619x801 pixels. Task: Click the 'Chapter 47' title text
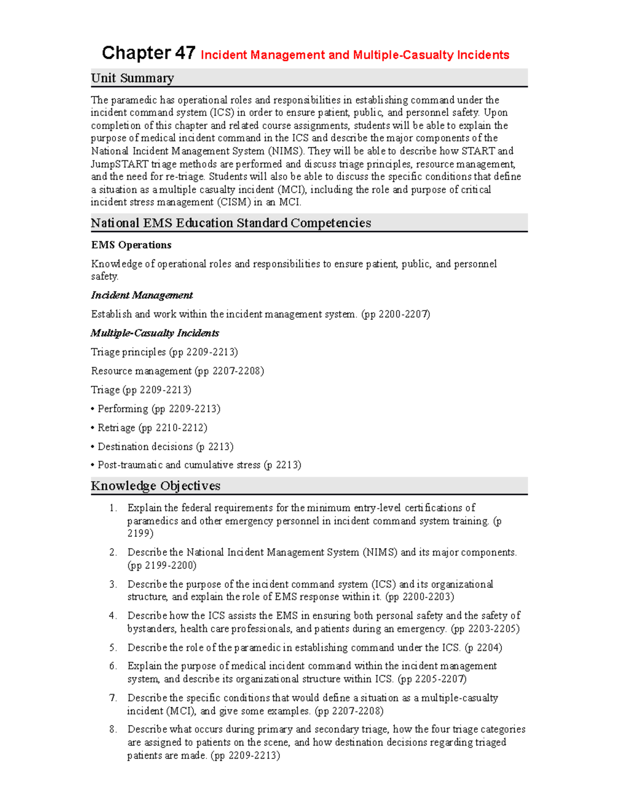point(148,53)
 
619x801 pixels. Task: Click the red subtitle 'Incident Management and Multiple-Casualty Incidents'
point(354,55)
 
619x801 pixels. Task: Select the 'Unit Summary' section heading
point(132,78)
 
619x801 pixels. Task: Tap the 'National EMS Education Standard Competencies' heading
point(231,223)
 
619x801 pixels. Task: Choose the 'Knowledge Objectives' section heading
point(155,486)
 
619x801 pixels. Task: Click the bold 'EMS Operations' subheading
point(131,245)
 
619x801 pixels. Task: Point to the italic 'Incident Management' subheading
point(141,295)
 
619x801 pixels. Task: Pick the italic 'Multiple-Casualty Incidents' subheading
point(155,333)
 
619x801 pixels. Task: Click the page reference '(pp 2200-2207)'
point(396,314)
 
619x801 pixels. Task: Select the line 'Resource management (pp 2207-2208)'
point(177,371)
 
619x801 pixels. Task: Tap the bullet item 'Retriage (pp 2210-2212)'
point(152,428)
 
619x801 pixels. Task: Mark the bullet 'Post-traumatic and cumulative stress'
point(178,465)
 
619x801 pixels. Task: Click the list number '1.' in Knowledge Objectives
point(113,508)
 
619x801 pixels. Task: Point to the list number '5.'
point(113,648)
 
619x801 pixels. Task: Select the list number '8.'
point(113,729)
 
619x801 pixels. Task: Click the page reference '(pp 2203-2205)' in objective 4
point(485,629)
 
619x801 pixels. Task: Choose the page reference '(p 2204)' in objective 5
point(483,648)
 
